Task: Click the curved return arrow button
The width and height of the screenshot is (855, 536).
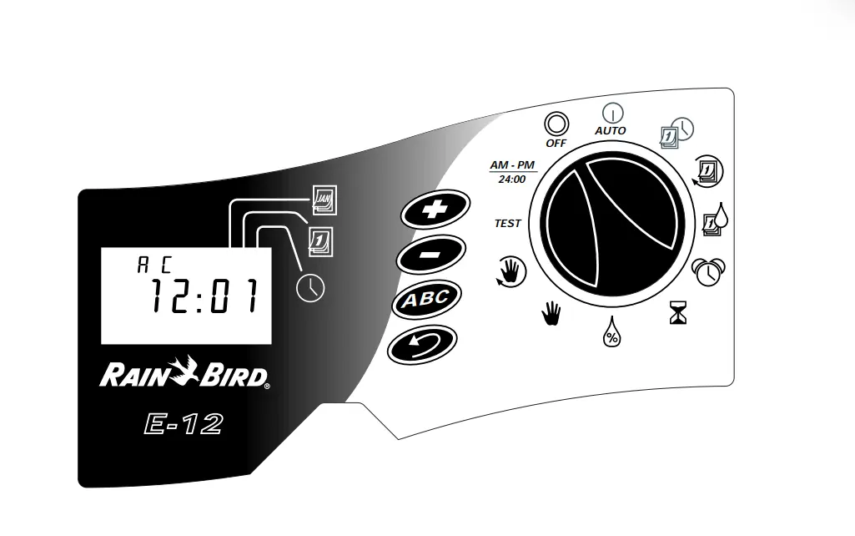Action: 423,344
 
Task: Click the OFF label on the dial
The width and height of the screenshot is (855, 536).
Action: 556,143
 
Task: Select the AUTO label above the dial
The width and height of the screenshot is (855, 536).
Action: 610,130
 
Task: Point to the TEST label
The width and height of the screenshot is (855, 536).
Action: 508,223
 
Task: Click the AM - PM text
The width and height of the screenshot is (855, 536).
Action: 512,164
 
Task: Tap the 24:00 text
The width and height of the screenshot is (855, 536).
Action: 512,179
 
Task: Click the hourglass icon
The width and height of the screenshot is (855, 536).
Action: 678,312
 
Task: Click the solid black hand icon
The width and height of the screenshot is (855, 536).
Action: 551,315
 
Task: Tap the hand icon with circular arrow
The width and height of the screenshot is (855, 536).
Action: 511,271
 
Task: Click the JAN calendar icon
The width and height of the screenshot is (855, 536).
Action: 325,200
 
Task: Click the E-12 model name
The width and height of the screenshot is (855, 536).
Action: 184,424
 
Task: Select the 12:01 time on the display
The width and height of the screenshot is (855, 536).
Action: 204,296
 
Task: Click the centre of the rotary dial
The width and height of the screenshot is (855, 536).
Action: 611,224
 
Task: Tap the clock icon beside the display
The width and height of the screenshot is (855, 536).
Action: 310,287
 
